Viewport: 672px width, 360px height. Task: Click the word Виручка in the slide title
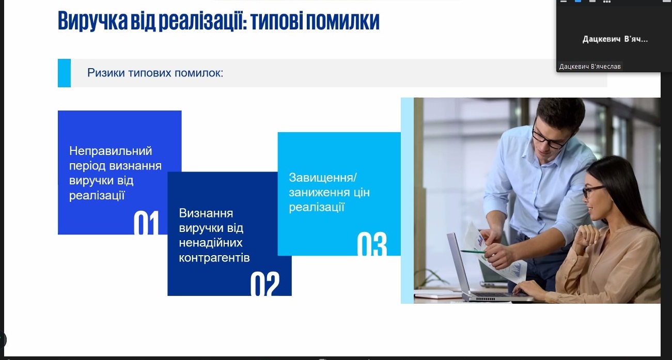pyautogui.click(x=92, y=21)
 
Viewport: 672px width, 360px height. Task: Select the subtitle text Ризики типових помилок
pyautogui.click(x=155, y=73)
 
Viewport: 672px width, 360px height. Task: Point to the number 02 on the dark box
pyautogui.click(x=265, y=284)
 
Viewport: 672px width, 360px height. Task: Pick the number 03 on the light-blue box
pyautogui.click(x=372, y=244)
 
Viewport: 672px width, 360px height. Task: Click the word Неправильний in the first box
pyautogui.click(x=111, y=151)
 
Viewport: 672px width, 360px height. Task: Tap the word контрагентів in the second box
pyautogui.click(x=214, y=258)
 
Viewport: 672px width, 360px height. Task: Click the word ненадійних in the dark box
pyautogui.click(x=211, y=243)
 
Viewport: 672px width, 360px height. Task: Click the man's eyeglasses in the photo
pyautogui.click(x=551, y=136)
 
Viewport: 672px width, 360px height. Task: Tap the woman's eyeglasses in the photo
pyautogui.click(x=593, y=191)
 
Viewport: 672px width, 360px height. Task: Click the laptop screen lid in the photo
pyautogui.click(x=457, y=264)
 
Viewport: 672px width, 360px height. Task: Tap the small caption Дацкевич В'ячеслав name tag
pyautogui.click(x=590, y=66)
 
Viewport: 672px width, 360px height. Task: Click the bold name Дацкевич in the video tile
pyautogui.click(x=601, y=39)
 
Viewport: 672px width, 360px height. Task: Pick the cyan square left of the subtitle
pyautogui.click(x=64, y=73)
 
